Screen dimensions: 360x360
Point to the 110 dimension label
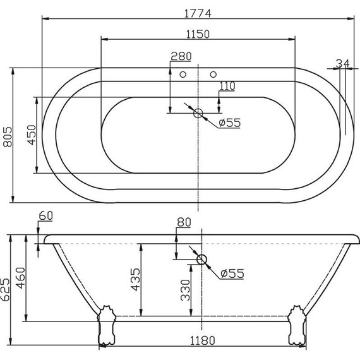(x=227, y=85)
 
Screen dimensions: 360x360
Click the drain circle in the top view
(x=198, y=114)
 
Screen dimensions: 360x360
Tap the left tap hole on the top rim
(x=183, y=75)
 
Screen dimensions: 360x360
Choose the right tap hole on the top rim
(x=213, y=75)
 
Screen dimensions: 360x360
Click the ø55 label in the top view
(x=230, y=123)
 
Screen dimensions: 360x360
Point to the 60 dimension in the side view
(x=45, y=216)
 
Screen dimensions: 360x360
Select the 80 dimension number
(x=184, y=222)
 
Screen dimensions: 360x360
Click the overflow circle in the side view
(x=201, y=259)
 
